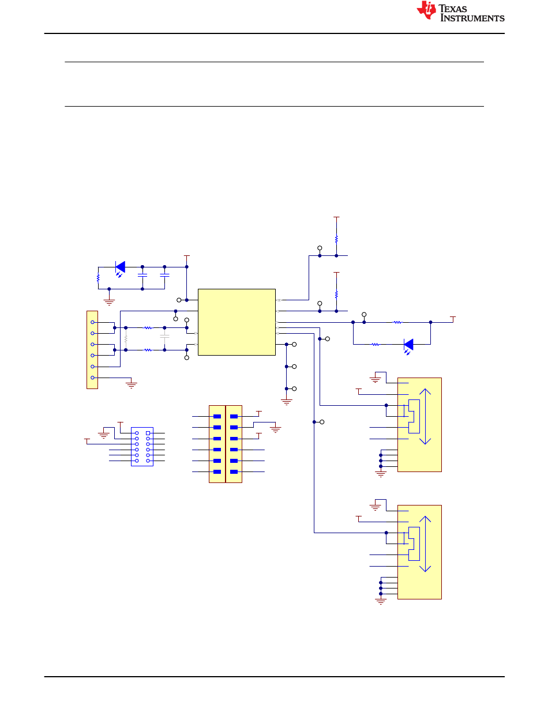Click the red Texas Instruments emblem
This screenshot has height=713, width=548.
(x=426, y=10)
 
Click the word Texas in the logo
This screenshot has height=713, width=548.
(x=452, y=9)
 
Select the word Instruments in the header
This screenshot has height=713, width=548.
(x=472, y=18)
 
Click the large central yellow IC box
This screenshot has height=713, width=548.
(x=237, y=322)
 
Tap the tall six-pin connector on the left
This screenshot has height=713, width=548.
(x=92, y=350)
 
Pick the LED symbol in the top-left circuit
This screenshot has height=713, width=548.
(x=120, y=269)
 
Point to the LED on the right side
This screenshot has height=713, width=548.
(x=408, y=346)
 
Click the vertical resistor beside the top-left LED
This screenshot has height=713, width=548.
(x=98, y=278)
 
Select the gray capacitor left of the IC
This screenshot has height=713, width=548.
(x=164, y=336)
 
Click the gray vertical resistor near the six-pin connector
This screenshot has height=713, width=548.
(x=126, y=338)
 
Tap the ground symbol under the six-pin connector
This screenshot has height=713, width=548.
(x=132, y=385)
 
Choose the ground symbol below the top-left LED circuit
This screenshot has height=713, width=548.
(x=109, y=302)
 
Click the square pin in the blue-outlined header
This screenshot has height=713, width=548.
(x=148, y=433)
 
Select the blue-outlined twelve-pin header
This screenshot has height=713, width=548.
(x=142, y=447)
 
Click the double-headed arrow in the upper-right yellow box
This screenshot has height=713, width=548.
(x=425, y=416)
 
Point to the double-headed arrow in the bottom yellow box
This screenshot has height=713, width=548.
(x=425, y=544)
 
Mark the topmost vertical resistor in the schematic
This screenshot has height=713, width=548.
(x=336, y=239)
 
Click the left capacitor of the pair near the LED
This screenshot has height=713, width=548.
(x=142, y=276)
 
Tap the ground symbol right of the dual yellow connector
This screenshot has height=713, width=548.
(x=276, y=429)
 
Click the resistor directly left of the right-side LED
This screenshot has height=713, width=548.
(x=376, y=345)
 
